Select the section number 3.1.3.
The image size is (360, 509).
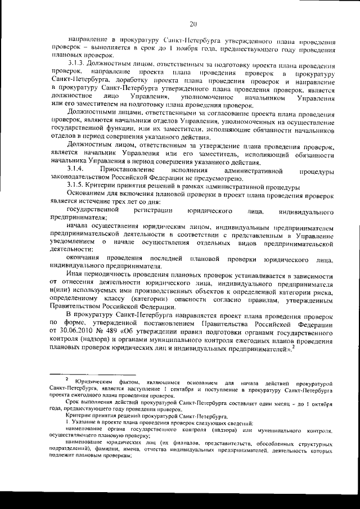(x=76, y=66)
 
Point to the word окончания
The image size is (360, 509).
(x=84, y=258)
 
